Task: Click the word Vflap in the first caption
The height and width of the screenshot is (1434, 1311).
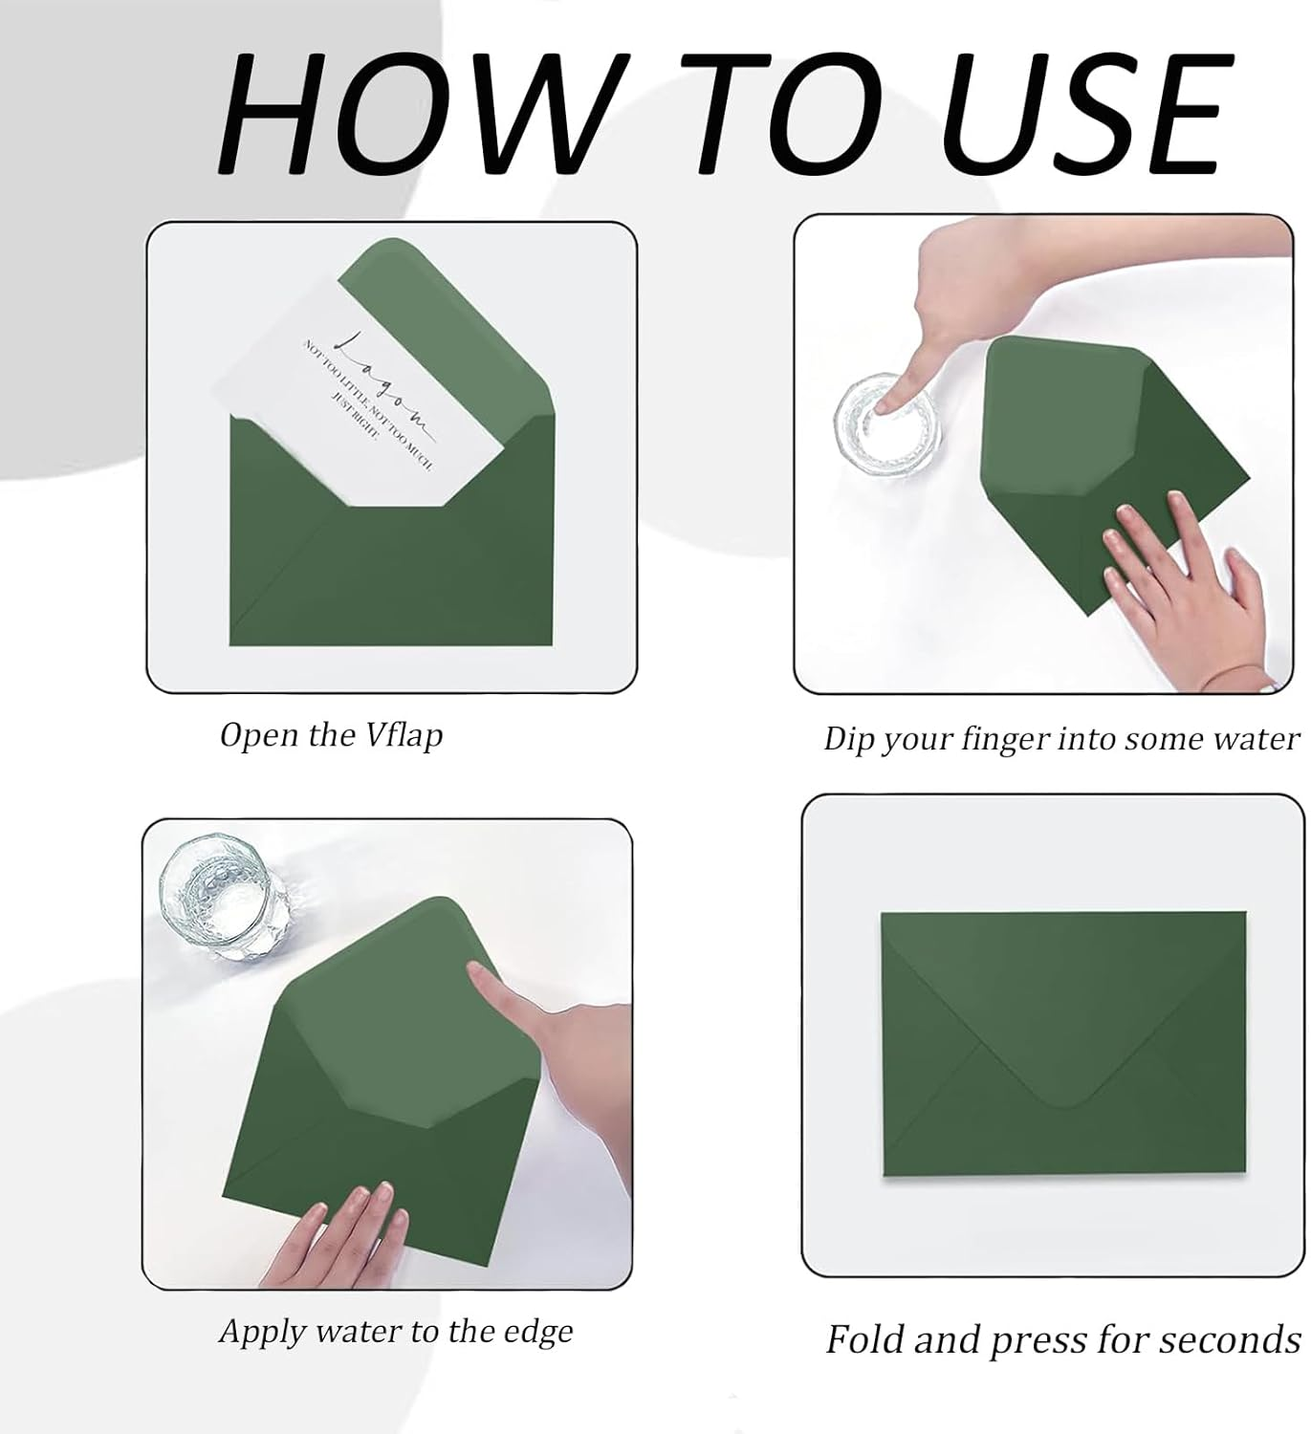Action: [404, 736]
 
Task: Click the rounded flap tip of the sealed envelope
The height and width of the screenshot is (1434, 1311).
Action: [1065, 1102]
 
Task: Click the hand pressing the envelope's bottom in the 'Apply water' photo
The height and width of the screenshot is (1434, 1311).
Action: [337, 1233]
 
